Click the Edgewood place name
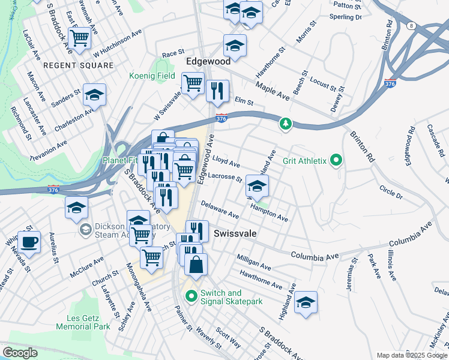point(208,61)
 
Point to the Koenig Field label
point(152,76)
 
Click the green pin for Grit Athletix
point(336,160)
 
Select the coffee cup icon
point(29,242)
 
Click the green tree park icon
point(286,124)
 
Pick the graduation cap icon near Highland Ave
point(306,302)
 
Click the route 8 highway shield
point(411,26)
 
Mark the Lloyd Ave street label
point(226,162)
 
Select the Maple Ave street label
point(273,91)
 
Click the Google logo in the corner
point(20,352)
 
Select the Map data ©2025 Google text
point(412,355)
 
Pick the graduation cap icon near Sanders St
point(94,95)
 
